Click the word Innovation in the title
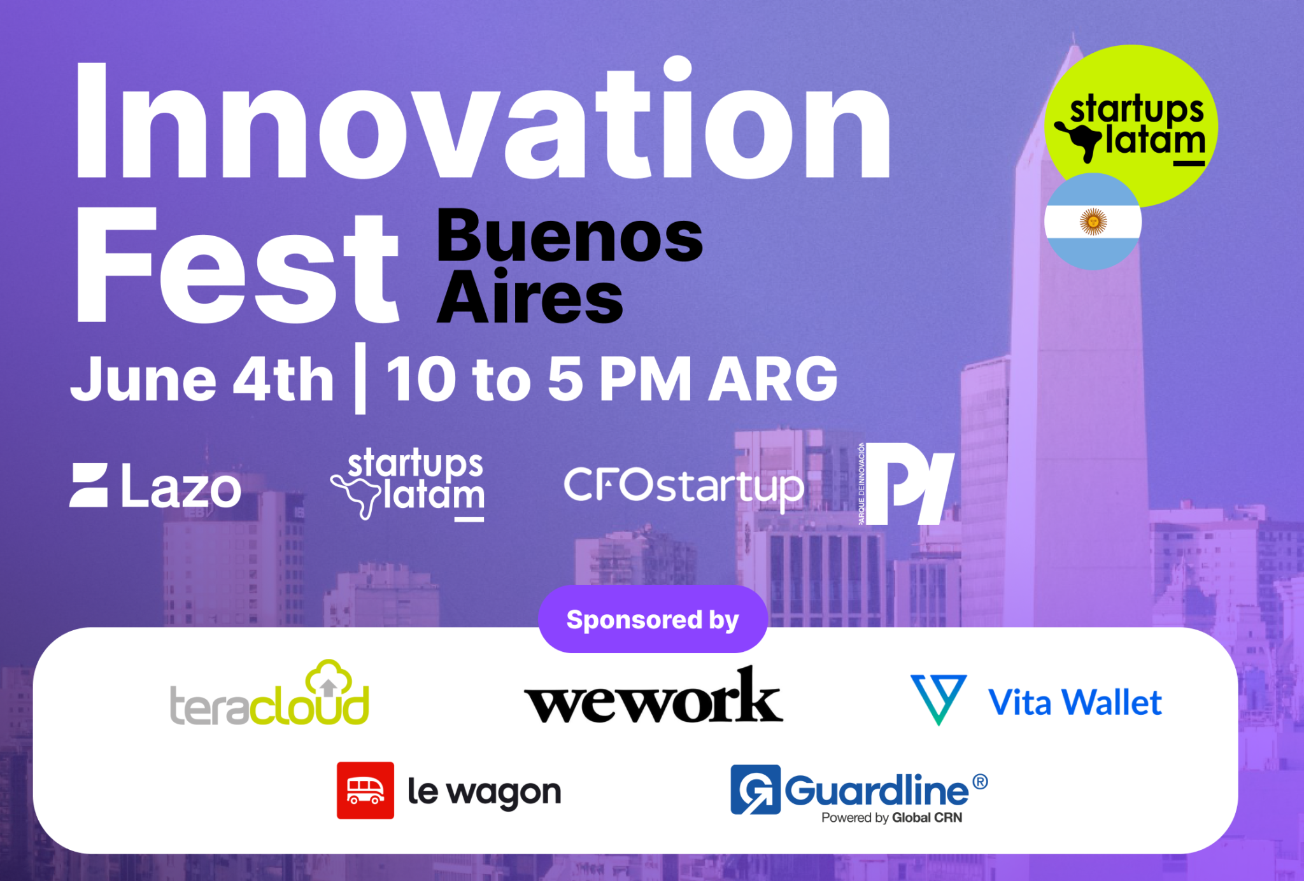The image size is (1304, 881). [483, 121]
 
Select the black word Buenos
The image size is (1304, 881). [569, 237]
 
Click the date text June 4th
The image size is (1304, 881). [202, 380]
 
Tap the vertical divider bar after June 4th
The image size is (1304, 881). [360, 378]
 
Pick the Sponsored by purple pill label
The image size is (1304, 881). [653, 619]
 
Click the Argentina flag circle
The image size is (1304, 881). [1093, 222]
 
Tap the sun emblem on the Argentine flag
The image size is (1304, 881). [1093, 222]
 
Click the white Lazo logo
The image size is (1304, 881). [155, 486]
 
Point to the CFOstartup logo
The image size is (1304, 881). [684, 487]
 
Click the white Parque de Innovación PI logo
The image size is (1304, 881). [907, 484]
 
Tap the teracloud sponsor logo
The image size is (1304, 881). [269, 695]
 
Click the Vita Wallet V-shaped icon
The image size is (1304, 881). [939, 698]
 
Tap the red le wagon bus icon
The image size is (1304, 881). [365, 790]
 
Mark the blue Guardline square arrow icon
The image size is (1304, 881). [755, 789]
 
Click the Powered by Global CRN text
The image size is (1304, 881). [891, 818]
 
